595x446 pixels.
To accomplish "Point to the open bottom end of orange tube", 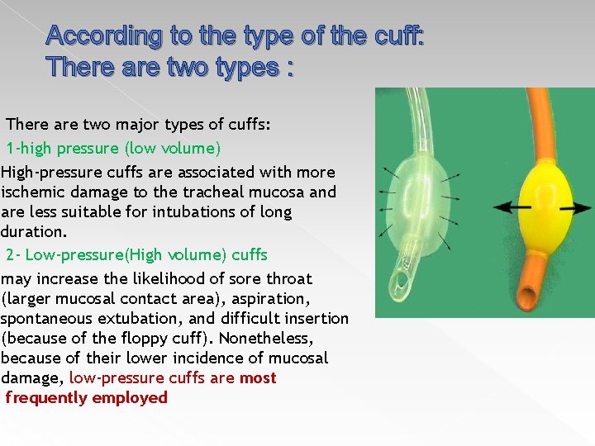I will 526,295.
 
